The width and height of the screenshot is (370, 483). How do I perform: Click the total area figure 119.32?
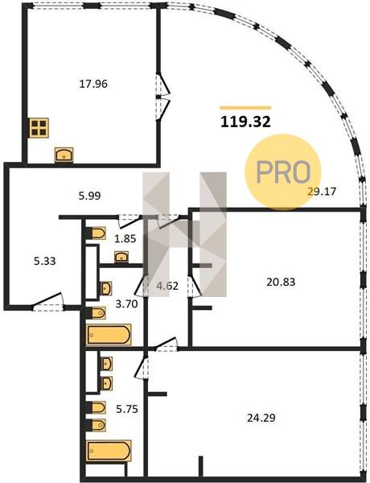point(245,122)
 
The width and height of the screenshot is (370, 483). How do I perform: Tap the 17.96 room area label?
point(93,84)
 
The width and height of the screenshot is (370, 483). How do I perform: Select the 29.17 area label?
point(322,192)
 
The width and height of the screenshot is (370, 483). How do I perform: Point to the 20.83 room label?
point(281,282)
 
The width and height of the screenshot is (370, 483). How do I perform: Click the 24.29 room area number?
point(261,418)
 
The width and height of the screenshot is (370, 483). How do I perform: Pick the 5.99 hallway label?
point(89,196)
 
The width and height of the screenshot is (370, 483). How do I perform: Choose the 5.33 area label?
point(44,261)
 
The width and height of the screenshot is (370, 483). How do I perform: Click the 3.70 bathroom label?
point(126,304)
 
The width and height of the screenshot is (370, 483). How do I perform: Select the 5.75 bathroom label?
point(127,409)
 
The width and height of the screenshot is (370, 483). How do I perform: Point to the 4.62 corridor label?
point(167,286)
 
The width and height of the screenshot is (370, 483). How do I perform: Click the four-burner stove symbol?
point(39,128)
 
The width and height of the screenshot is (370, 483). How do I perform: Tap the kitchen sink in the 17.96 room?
point(64,155)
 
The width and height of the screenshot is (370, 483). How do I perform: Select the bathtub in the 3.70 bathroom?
point(109,335)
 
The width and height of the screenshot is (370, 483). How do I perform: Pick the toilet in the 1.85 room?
point(96,233)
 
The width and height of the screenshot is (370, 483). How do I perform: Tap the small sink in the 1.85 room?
point(121,257)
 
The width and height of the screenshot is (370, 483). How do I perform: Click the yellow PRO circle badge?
point(283,172)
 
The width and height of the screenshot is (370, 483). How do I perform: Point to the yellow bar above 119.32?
point(245,108)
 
